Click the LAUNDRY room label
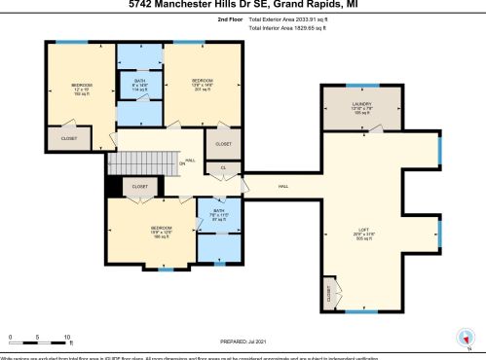coord(361,106)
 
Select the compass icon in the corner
coord(463,340)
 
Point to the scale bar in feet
coord(39,340)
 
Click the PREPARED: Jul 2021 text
coord(243,341)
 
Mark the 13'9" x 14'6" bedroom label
coord(202,84)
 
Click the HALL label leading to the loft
coord(283,186)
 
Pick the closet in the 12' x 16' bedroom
coord(68,138)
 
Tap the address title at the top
coord(243,5)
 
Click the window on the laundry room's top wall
coord(361,86)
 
